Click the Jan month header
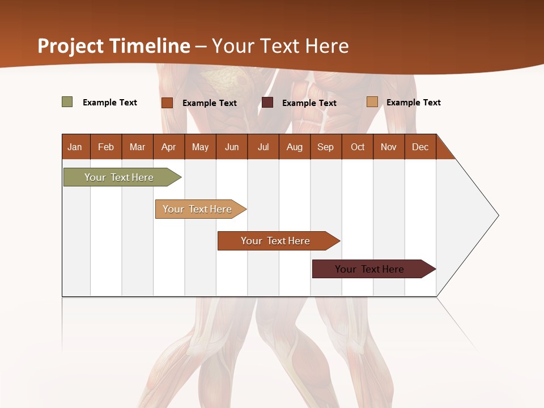75,147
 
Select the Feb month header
106,147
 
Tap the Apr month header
168,147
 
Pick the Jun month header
232,147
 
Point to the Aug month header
294,147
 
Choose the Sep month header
325,147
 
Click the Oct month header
358,147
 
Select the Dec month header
420,147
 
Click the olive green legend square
67,102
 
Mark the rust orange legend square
167,103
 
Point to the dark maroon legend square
267,103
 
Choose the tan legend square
372,102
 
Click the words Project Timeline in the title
114,46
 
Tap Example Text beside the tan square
413,103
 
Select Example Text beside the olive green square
109,103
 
